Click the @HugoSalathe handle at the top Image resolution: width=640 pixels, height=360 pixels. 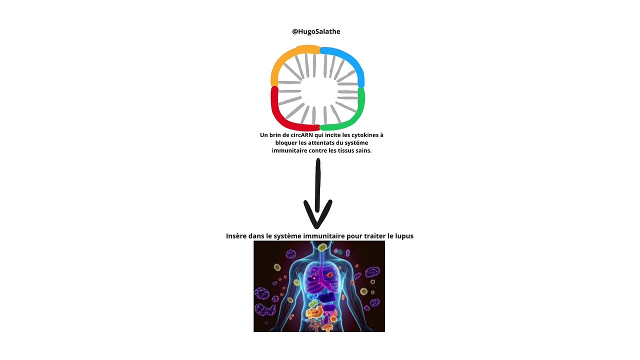[x=316, y=31]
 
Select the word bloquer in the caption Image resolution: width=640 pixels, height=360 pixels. [x=279, y=143]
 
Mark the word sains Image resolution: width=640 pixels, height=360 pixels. [x=364, y=150]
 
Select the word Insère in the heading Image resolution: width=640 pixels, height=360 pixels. [x=236, y=236]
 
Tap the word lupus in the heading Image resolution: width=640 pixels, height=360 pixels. [x=404, y=236]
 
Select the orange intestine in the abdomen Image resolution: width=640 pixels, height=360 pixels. [x=316, y=313]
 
